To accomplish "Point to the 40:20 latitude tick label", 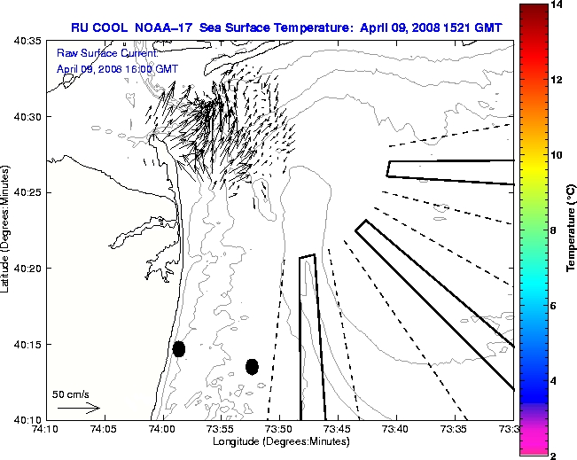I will click(x=28, y=268).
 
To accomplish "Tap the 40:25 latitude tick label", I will click(x=28, y=192).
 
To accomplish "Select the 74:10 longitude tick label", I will click(x=44, y=429).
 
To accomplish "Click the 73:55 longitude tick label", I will click(x=220, y=429).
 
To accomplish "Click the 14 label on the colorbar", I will click(x=556, y=5).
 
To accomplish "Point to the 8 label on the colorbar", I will click(x=553, y=230).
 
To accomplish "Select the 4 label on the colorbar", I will click(x=553, y=380).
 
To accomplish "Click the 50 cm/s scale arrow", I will click(x=78, y=409).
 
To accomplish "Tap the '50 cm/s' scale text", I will click(x=71, y=394).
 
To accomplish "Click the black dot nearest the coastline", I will click(x=179, y=348).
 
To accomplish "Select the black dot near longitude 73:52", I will click(x=252, y=366).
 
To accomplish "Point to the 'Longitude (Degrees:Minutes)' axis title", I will click(x=279, y=441).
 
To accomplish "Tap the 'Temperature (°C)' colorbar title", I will click(x=573, y=230).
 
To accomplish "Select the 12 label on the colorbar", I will click(x=556, y=80).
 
